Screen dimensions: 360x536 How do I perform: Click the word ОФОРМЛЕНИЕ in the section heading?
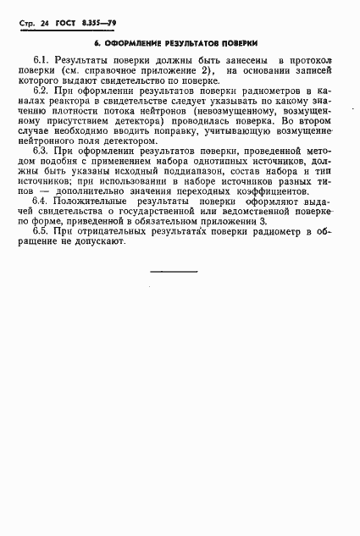point(141,42)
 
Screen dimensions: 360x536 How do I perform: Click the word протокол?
point(309,61)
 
